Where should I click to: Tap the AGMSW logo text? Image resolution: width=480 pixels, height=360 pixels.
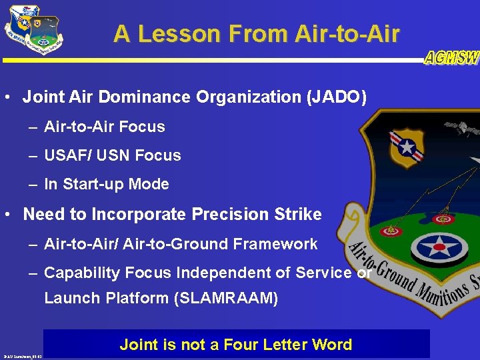tap(451, 58)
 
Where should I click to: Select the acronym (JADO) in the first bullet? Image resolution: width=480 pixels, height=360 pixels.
tap(336, 97)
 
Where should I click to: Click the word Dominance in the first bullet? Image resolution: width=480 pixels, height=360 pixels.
tap(156, 97)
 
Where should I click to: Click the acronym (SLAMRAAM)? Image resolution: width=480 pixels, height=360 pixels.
tap(225, 298)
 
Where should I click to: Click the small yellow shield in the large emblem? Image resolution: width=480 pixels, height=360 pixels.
tap(407, 147)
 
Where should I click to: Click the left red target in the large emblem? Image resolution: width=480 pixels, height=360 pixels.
tap(391, 231)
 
